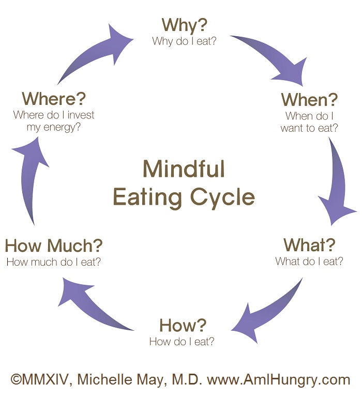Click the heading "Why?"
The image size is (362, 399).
click(184, 25)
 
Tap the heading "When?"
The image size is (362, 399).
click(309, 99)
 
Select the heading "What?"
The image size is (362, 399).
click(309, 244)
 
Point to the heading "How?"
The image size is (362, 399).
click(183, 325)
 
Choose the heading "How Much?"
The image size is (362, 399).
click(54, 245)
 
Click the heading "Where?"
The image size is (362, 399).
click(54, 98)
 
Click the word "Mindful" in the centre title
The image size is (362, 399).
click(184, 169)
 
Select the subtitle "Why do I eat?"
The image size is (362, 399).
click(184, 41)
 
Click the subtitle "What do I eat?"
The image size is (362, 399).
click(309, 261)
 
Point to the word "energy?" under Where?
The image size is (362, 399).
click(61, 127)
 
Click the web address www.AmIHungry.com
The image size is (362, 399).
click(279, 380)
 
